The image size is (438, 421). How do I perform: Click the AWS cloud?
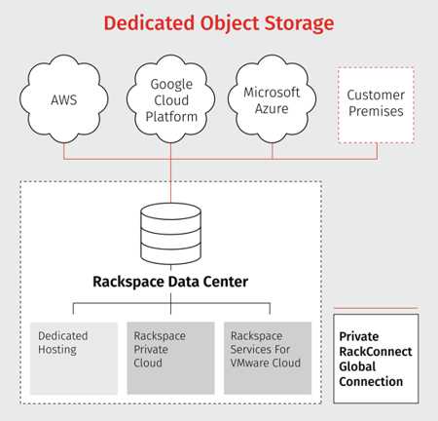pos(64,99)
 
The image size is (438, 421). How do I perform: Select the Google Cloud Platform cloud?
pos(171,99)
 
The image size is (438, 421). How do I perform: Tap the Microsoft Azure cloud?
pos(272,99)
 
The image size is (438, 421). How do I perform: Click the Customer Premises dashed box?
pos(376,104)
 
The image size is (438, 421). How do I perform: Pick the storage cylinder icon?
pos(171,233)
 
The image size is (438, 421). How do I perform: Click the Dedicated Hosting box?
pos(74,358)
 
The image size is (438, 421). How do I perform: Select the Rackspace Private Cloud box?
pos(170,358)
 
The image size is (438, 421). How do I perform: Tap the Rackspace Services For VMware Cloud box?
pos(268,358)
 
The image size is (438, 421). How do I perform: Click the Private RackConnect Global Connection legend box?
pos(376,359)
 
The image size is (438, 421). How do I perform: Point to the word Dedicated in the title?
pos(149,23)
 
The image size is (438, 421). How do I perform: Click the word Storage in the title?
pos(299,23)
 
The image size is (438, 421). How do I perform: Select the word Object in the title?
pos(229,23)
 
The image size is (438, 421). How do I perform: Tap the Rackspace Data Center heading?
pos(170,282)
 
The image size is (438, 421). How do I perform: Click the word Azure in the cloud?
pos(272,108)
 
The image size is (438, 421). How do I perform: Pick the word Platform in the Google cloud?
pos(171,117)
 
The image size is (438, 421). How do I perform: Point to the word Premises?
pos(376,111)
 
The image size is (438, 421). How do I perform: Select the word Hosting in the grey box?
pos(57,350)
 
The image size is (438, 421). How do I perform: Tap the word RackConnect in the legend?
pos(376,352)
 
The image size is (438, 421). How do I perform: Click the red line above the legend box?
pos(376,308)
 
